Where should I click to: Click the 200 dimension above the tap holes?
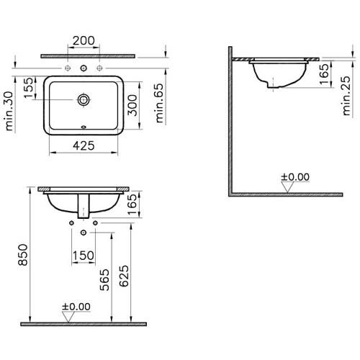(x=84, y=40)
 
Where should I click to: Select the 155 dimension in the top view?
(x=29, y=87)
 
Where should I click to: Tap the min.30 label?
(x=9, y=111)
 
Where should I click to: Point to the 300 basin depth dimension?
(x=132, y=105)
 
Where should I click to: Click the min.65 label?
(x=159, y=103)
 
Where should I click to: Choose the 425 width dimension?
(x=84, y=145)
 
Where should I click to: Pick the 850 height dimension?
(x=23, y=255)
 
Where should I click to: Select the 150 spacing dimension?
(x=84, y=256)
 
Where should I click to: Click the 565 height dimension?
(x=104, y=280)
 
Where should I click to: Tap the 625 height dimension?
(x=124, y=276)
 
